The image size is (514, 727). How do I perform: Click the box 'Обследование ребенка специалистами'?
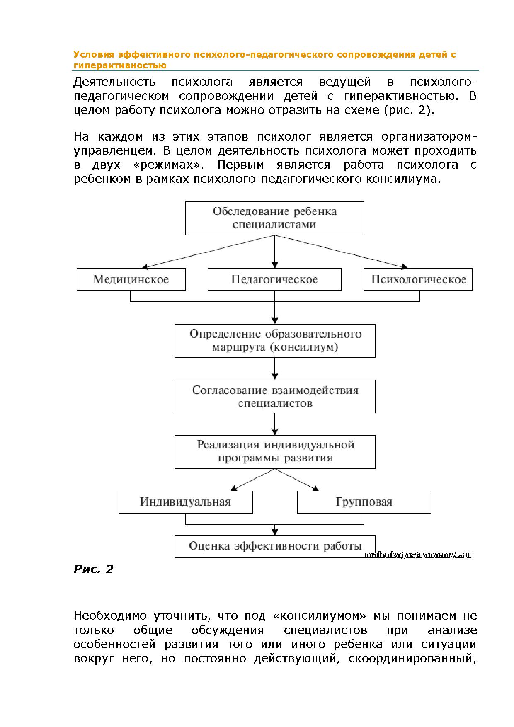pos(274,218)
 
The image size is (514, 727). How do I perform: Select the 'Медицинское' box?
pos(131,279)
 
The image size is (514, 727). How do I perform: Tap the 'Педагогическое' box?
pos(274,279)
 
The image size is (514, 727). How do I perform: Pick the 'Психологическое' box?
pos(418,279)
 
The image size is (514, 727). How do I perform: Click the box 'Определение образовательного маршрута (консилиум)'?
pos(274,340)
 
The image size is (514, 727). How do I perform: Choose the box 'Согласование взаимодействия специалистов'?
pos(274,396)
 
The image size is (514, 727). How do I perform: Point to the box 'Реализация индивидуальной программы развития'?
pos(274,451)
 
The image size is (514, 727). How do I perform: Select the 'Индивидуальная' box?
pos(185,502)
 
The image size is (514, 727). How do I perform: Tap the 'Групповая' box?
pos(364,502)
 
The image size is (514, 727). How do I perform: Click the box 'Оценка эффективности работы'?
pos(274,546)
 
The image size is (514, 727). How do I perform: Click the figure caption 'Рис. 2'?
pos(93,569)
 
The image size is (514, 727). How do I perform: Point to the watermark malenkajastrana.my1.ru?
pos(418,555)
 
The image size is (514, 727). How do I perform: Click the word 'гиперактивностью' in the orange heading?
pos(120,65)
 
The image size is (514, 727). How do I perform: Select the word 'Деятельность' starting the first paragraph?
pos(114,82)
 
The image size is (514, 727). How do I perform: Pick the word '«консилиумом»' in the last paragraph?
pos(320,616)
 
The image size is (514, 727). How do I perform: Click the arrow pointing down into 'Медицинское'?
pos(145,266)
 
